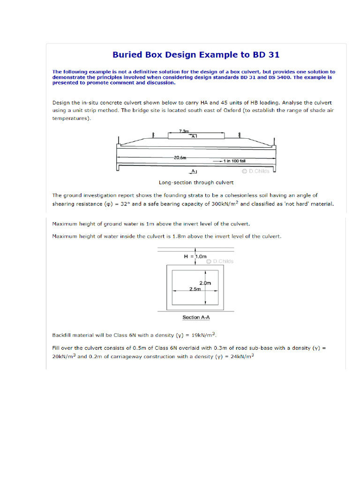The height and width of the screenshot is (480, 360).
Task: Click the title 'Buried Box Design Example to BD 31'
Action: [x=196, y=54]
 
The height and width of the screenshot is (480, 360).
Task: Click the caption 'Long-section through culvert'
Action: [x=196, y=182]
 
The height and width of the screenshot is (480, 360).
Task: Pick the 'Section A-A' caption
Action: [x=196, y=317]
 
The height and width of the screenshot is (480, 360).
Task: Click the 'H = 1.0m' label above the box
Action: [x=195, y=256]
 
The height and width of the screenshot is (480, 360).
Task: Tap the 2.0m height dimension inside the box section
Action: [x=205, y=283]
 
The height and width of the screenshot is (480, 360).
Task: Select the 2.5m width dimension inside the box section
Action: [x=195, y=289]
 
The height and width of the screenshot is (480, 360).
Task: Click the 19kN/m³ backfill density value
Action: [x=203, y=335]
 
